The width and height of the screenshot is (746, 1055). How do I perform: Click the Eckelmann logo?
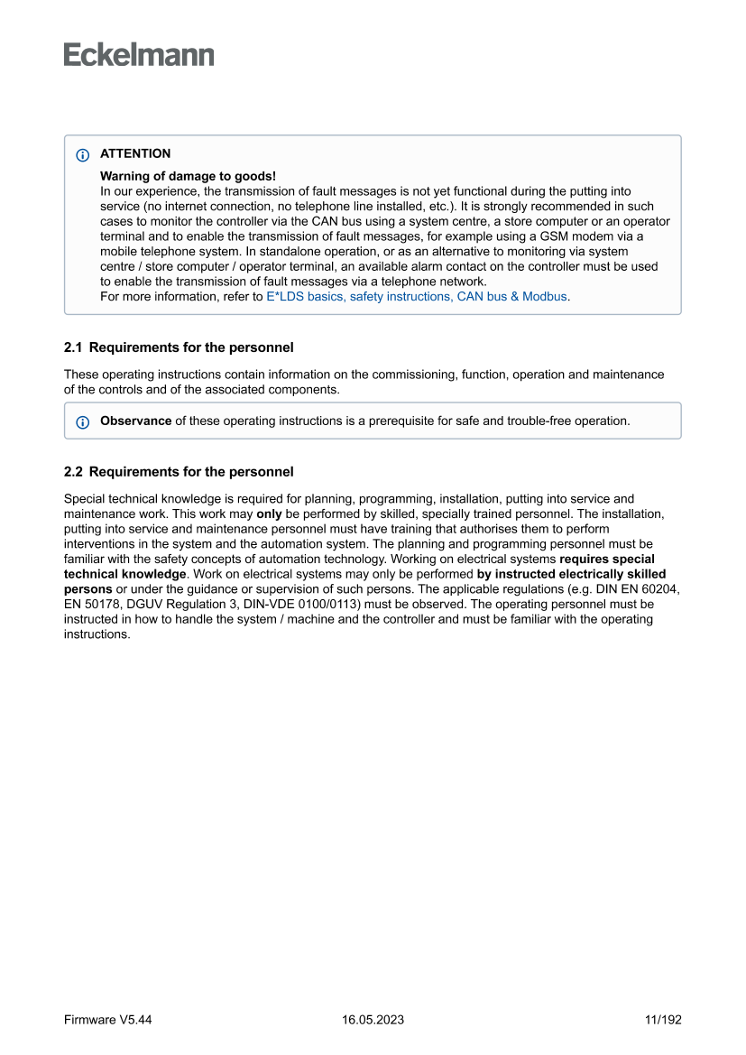pyautogui.click(x=139, y=55)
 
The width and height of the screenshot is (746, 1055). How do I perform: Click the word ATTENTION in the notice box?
pyautogui.click(x=135, y=153)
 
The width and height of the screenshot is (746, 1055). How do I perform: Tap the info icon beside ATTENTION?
pyautogui.click(x=83, y=154)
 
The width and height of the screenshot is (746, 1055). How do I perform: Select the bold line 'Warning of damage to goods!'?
pyautogui.click(x=188, y=176)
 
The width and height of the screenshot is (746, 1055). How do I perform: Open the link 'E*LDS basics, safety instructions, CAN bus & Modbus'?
pyautogui.click(x=416, y=296)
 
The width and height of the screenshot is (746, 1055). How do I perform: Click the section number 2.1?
pyautogui.click(x=73, y=347)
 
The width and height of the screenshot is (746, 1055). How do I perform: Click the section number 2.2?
pyautogui.click(x=73, y=472)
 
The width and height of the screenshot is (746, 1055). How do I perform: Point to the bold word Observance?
pyautogui.click(x=135, y=421)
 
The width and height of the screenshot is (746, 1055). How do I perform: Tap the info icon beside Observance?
pyautogui.click(x=83, y=421)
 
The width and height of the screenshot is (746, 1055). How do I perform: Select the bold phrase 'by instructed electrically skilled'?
pyautogui.click(x=571, y=574)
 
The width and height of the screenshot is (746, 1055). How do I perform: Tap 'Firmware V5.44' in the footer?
pyautogui.click(x=107, y=1020)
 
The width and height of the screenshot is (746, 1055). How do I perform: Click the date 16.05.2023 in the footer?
pyautogui.click(x=373, y=1020)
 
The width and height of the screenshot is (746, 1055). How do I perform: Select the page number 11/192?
pyautogui.click(x=663, y=1020)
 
